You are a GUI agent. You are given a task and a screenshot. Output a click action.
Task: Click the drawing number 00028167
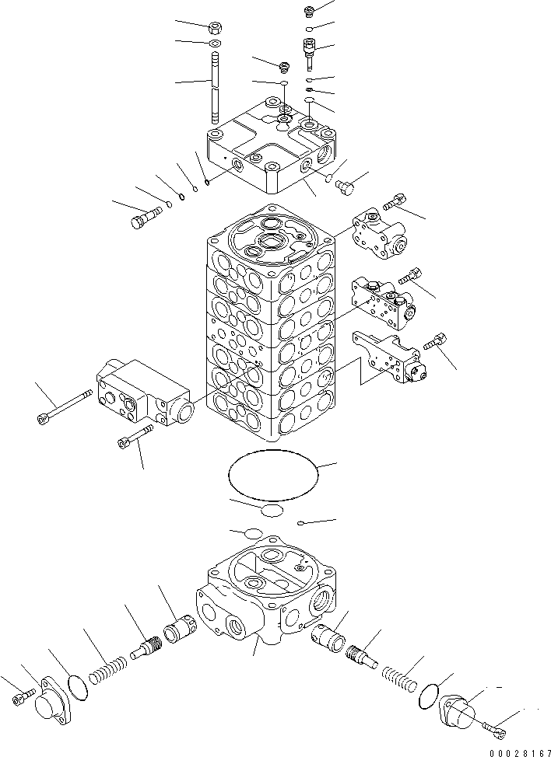(515, 752)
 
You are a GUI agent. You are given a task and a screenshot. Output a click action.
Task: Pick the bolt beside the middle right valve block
(410, 276)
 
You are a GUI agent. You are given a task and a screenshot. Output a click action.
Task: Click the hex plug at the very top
(309, 11)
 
